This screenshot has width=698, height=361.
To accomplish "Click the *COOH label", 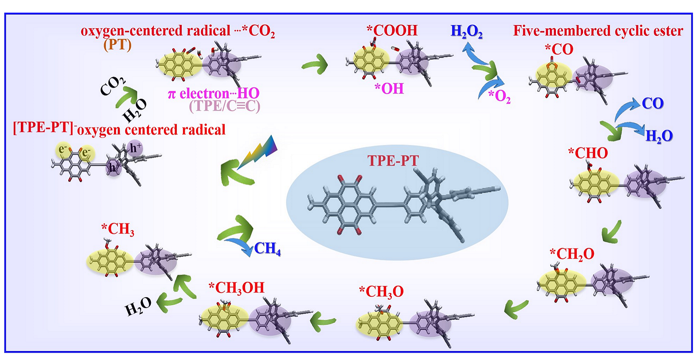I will [x=392, y=30].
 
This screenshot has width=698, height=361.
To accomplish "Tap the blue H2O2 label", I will [x=466, y=32].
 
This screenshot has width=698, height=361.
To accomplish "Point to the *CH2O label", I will [x=572, y=254].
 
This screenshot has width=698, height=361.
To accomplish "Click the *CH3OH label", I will [x=236, y=288].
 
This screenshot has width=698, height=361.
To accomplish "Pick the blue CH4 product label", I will [x=267, y=249].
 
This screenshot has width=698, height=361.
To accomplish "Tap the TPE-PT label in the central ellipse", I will [x=393, y=161].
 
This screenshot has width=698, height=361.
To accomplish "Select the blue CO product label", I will [x=653, y=103].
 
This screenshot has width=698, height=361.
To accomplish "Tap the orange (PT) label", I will [x=118, y=45].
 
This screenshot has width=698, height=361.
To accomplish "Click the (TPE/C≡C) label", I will [x=225, y=107].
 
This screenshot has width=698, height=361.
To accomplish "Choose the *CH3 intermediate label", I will [x=118, y=229].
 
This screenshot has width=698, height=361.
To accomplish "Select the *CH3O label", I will [x=381, y=292].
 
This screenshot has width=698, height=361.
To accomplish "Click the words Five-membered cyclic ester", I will [x=598, y=31].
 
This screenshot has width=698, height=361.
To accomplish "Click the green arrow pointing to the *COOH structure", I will [x=315, y=65].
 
